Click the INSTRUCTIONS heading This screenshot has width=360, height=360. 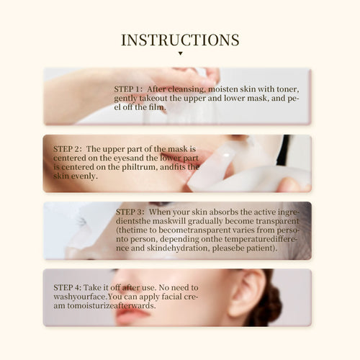point(180,40)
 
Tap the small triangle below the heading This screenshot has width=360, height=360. point(180,53)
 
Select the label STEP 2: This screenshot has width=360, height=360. point(68,149)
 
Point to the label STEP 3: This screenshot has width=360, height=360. point(131,212)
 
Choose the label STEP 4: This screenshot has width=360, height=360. point(68,287)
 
